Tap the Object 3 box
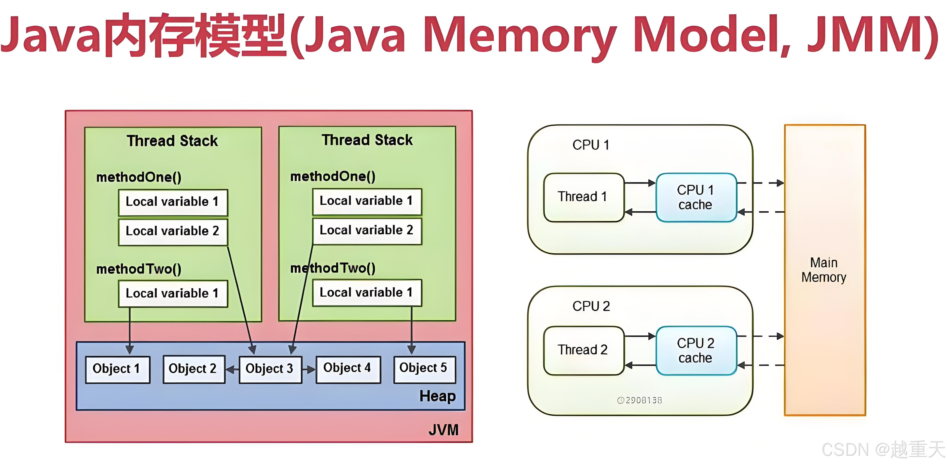(270, 369)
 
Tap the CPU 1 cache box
(696, 197)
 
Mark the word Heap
(438, 396)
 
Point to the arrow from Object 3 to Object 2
(232, 369)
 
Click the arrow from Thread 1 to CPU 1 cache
(640, 183)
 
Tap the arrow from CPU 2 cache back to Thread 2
(640, 365)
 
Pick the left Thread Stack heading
(172, 141)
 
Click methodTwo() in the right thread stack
(333, 268)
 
